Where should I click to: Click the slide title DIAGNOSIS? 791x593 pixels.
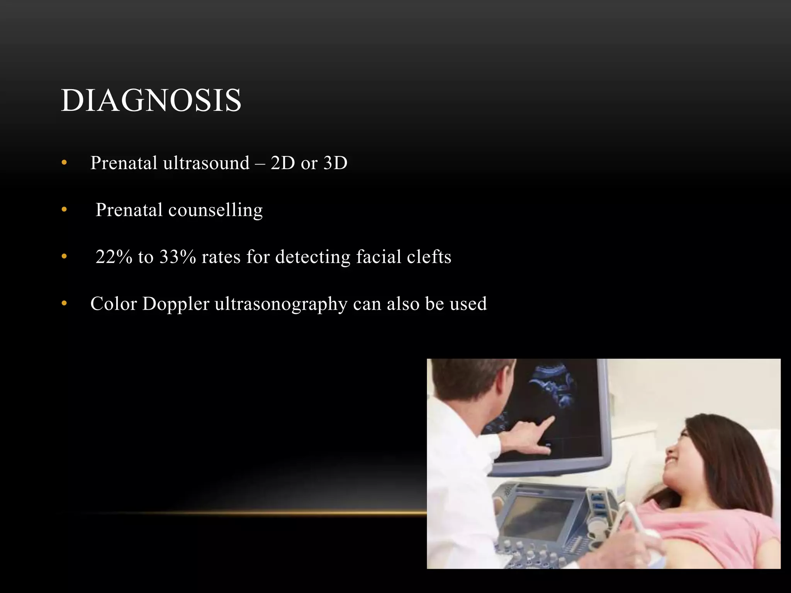click(151, 100)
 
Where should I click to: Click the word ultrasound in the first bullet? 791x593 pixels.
click(206, 163)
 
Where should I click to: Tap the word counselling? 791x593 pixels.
click(216, 210)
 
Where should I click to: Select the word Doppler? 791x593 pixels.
click(176, 304)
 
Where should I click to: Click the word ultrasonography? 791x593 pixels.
click(281, 304)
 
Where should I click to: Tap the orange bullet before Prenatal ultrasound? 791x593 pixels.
click(64, 163)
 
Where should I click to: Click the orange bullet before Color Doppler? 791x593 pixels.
click(64, 304)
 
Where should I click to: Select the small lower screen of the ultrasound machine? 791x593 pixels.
click(539, 517)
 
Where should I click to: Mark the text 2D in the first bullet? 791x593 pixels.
click(283, 163)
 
